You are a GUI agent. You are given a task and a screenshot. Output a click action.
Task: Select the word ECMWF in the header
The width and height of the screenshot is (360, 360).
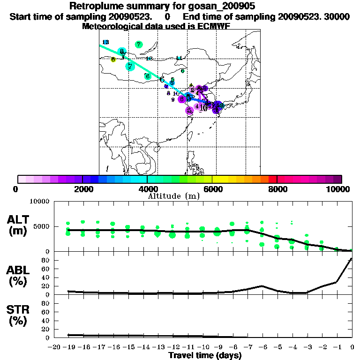pos(212,26)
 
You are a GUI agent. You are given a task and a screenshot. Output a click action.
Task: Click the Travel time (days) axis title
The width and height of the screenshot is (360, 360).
pos(205,356)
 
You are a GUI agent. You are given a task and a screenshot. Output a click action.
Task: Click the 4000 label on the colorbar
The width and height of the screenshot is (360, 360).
pos(148,189)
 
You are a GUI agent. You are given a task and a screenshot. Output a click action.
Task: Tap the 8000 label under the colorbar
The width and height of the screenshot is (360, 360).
pos(277,189)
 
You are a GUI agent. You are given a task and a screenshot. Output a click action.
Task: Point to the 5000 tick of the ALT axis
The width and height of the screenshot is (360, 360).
pos(42,226)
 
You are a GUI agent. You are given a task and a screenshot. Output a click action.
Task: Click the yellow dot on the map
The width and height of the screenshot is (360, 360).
pos(113,60)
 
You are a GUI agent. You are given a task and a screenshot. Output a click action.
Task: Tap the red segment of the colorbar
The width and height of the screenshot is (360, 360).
pos(272,179)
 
